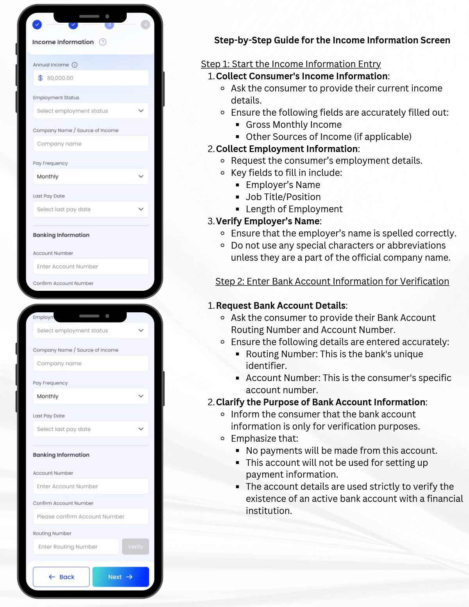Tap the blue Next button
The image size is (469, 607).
coord(120,577)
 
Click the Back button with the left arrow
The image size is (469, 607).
coord(61,577)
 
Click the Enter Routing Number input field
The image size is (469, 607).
coord(76,547)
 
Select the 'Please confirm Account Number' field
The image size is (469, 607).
coord(91,517)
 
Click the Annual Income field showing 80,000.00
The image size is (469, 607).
coord(91,78)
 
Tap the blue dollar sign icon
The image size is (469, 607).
coord(40,78)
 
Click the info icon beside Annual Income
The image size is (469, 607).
coord(75,65)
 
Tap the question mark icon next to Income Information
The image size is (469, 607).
coord(103,42)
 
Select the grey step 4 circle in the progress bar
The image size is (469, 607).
coord(145,25)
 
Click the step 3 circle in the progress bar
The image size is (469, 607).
coord(109,25)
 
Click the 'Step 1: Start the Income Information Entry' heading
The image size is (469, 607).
coord(291,64)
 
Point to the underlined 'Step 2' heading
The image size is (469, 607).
coord(332,281)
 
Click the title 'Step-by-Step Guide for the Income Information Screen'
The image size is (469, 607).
coord(332,40)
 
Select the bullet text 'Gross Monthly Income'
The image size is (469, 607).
coord(294,125)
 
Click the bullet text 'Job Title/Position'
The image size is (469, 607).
coord(283,197)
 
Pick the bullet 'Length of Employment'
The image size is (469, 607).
coord(294,209)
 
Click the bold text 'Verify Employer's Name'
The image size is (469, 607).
coord(268,221)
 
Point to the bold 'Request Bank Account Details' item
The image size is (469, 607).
coord(281,306)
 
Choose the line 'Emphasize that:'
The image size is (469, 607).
coord(264,439)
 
